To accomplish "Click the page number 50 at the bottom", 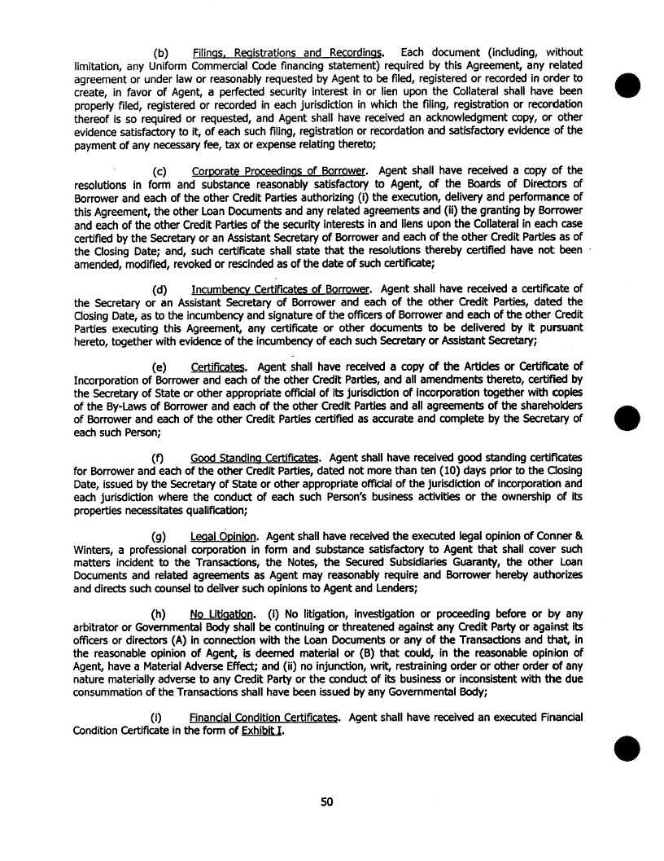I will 327,802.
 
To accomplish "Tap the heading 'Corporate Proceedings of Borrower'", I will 277,171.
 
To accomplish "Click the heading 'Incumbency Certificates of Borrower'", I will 281,288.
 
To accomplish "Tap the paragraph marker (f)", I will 160,458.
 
